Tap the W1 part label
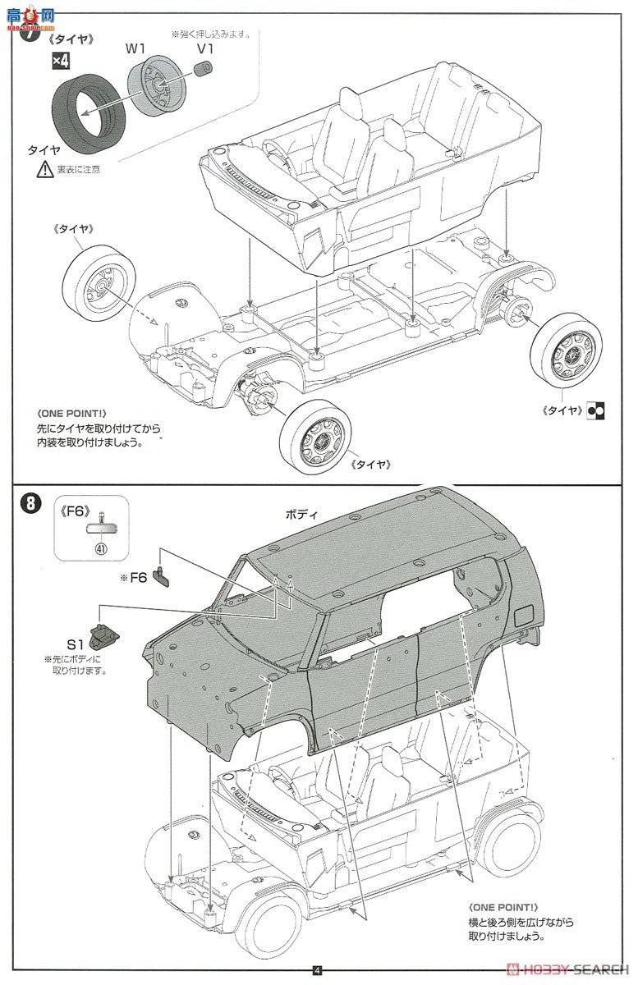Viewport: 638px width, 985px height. tap(135, 48)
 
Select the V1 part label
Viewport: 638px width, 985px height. tap(205, 48)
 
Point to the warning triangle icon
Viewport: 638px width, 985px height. tap(44, 170)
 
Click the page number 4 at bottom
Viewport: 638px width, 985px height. tap(318, 969)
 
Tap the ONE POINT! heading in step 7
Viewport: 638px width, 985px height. tap(71, 415)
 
